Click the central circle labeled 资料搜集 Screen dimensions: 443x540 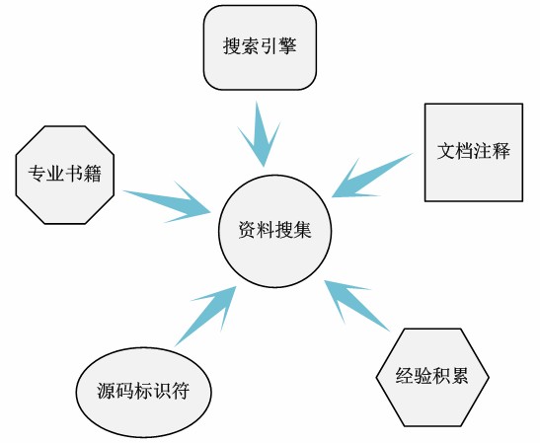(274, 230)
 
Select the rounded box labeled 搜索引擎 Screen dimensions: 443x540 (260, 47)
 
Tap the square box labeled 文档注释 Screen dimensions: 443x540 (473, 152)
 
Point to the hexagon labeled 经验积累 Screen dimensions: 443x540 (431, 376)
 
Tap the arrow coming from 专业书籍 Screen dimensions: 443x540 (168, 198)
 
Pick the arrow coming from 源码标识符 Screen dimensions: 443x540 (206, 314)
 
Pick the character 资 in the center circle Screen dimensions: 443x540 (247, 230)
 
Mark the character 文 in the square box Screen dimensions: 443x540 (446, 152)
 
